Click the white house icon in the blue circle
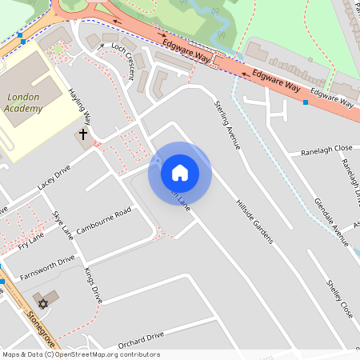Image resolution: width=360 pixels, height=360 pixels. [179, 172]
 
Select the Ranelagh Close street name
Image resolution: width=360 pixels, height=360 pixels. [326, 150]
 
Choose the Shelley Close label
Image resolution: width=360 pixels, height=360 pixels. [339, 297]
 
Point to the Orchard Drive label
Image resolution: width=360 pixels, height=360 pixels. [141, 338]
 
